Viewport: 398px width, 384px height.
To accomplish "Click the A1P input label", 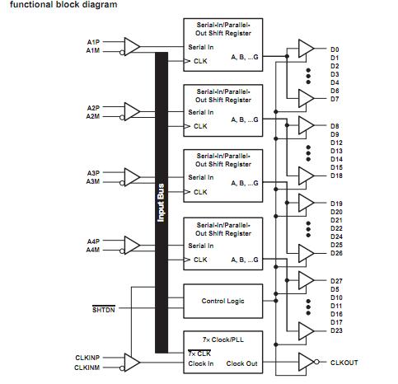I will [x=92, y=41].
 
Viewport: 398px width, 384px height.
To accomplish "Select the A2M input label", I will [x=92, y=116].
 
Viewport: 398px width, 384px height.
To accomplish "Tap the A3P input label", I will [x=92, y=173].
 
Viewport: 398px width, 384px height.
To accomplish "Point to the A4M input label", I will [x=92, y=249].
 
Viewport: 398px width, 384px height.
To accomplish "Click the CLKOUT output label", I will [x=344, y=362].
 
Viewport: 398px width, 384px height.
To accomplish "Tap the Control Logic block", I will [x=222, y=301].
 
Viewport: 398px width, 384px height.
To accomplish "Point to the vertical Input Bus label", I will [x=161, y=202].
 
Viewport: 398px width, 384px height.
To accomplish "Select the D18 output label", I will [x=336, y=176].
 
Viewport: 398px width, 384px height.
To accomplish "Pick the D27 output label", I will [x=336, y=281].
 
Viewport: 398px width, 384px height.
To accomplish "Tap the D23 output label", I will [x=336, y=330].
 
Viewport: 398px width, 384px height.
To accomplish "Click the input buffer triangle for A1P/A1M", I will [x=132, y=45].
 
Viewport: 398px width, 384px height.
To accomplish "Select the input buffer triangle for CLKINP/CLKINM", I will [x=132, y=363].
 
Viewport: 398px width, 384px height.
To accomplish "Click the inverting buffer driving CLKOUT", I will [x=307, y=362].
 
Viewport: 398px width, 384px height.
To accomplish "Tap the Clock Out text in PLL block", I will [x=241, y=363].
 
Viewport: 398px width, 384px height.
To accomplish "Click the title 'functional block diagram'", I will [x=63, y=5].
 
